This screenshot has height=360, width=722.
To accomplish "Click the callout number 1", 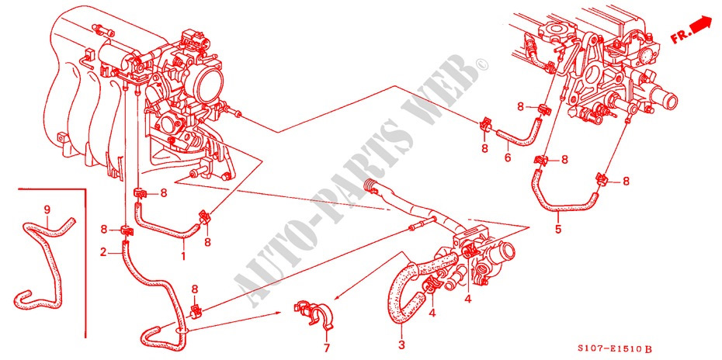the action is [182, 255].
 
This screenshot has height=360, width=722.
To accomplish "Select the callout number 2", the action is [103, 251].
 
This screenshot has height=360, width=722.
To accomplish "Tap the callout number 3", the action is [401, 344].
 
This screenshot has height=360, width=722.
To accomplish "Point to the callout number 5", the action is [558, 228].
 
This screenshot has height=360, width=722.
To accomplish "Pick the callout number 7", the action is [327, 348].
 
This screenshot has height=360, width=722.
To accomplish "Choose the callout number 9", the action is [47, 210].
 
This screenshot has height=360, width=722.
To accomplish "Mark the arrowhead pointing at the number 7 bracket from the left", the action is [278, 312].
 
